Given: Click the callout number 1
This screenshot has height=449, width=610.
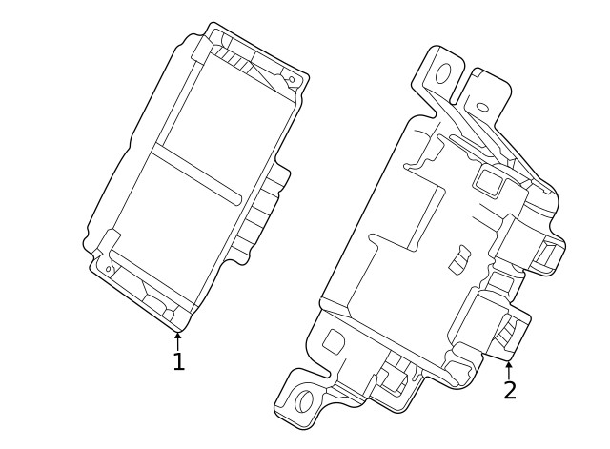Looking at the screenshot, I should click(x=178, y=362).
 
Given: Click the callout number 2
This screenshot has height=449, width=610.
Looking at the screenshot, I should click(x=510, y=390).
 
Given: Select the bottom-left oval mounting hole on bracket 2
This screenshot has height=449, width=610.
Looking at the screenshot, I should click(x=304, y=400).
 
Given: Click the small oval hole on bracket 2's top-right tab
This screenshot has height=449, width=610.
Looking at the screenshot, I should click(x=482, y=107).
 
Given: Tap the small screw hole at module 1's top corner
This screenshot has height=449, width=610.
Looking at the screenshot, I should click(x=292, y=80).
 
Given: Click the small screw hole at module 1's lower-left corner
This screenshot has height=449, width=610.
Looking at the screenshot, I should click(x=109, y=269).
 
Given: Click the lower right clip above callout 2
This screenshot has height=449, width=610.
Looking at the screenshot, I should click(x=496, y=324).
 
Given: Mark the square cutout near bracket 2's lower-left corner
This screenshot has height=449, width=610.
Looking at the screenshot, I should click(x=335, y=340).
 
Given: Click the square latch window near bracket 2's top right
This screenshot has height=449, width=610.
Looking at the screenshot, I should click(x=487, y=180).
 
